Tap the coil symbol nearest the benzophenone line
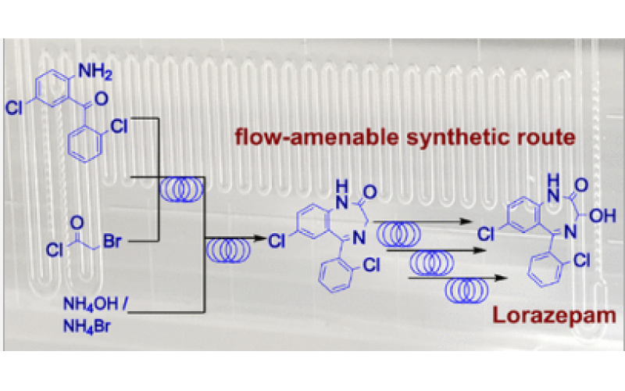tap(181, 190)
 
